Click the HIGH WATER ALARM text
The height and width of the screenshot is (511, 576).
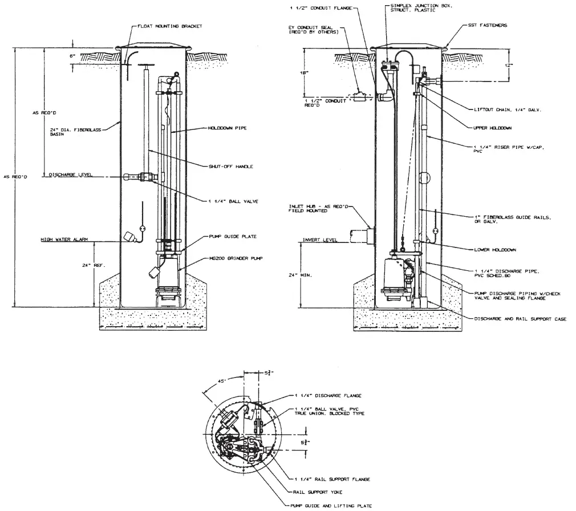[x=63, y=240]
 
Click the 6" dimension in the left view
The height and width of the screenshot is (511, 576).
[x=73, y=56]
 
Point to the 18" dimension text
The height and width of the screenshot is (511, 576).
[x=308, y=73]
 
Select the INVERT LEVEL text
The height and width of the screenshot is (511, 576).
[x=320, y=240]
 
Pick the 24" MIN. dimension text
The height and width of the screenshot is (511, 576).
[x=309, y=274]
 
